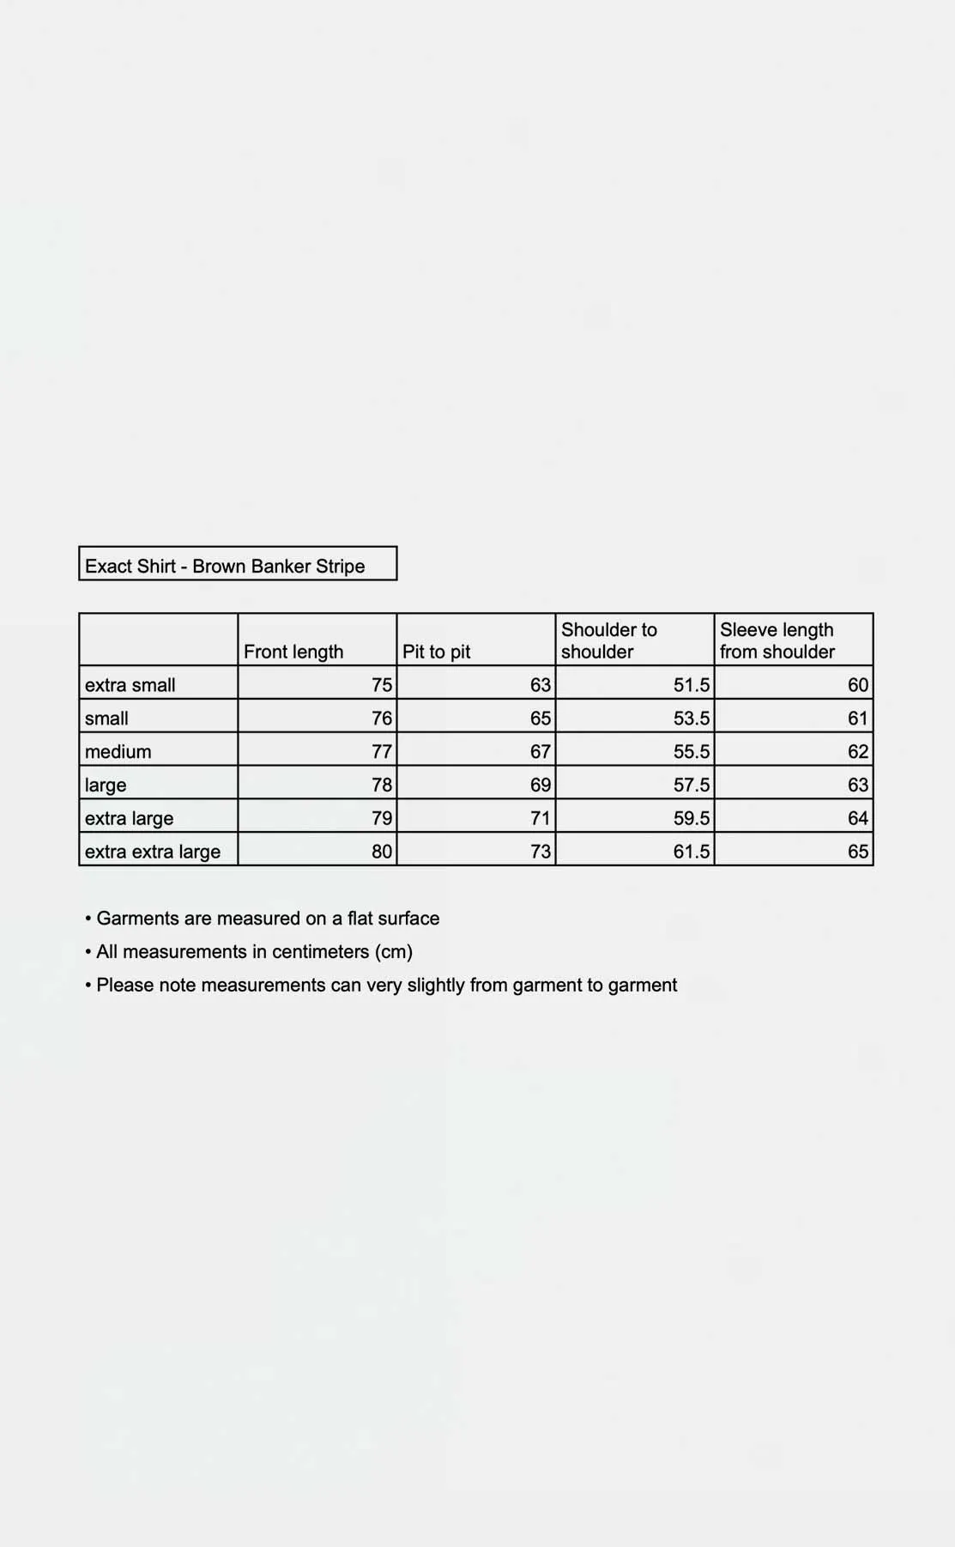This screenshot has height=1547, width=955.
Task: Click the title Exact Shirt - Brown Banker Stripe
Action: coord(225,566)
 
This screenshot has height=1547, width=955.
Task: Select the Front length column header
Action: coord(293,652)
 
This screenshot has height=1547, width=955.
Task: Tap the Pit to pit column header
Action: coord(437,652)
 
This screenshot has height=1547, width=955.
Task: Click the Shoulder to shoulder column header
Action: coord(609,640)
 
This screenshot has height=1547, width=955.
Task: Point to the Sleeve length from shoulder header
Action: coord(777,640)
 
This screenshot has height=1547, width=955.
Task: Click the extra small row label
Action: coord(130,685)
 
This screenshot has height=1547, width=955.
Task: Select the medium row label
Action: coord(118,752)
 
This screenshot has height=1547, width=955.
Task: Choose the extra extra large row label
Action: coord(153,852)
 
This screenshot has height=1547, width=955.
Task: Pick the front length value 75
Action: coord(382,685)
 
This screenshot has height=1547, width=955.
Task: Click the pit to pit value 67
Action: coord(541,752)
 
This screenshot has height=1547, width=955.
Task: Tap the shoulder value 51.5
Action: coord(692,685)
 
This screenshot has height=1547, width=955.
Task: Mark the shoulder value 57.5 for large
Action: coord(692,785)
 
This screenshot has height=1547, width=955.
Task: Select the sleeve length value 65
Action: coord(858,852)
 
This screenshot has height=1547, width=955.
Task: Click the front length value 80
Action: coord(382,852)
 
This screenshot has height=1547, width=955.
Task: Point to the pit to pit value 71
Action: coord(541,818)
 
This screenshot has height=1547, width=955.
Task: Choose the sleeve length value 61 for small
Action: coord(858,719)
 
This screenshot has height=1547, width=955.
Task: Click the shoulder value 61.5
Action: coord(692,852)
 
